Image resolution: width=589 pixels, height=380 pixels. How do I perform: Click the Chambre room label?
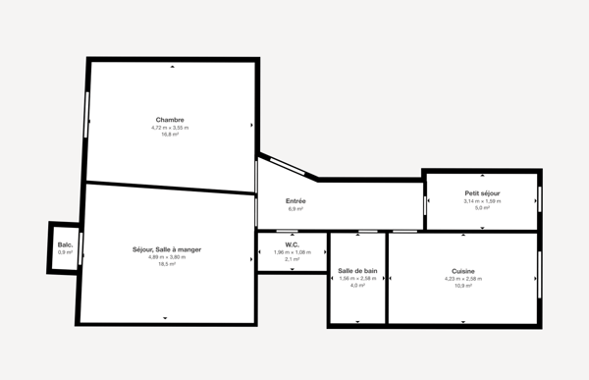170,120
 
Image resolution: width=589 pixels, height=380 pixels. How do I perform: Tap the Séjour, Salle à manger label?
167,249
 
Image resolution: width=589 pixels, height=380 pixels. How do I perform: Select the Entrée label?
295,201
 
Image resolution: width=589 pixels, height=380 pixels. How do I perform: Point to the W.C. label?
292,244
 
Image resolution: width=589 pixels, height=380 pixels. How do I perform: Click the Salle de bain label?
357,271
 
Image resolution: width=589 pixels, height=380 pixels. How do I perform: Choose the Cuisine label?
463,271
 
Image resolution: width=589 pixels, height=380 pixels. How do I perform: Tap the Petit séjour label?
482,193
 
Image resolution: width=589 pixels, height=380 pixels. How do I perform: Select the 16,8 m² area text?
170,135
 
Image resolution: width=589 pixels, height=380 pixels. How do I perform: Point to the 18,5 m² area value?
167,264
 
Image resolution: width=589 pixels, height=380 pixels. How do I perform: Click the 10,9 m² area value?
463,286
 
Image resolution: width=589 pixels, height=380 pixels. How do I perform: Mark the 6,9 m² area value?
295,209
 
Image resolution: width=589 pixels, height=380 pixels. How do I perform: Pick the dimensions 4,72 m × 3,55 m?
170,128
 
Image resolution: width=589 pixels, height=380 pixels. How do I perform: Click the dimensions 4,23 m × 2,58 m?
463,279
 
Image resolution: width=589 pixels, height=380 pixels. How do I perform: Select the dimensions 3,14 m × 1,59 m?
482,201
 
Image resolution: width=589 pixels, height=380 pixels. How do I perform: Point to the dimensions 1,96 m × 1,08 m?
292,252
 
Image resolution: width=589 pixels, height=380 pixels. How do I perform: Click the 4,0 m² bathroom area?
357,286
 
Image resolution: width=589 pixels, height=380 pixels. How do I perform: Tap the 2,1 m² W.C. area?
292,259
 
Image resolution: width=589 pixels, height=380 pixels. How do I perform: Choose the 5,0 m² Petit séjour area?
482,208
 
